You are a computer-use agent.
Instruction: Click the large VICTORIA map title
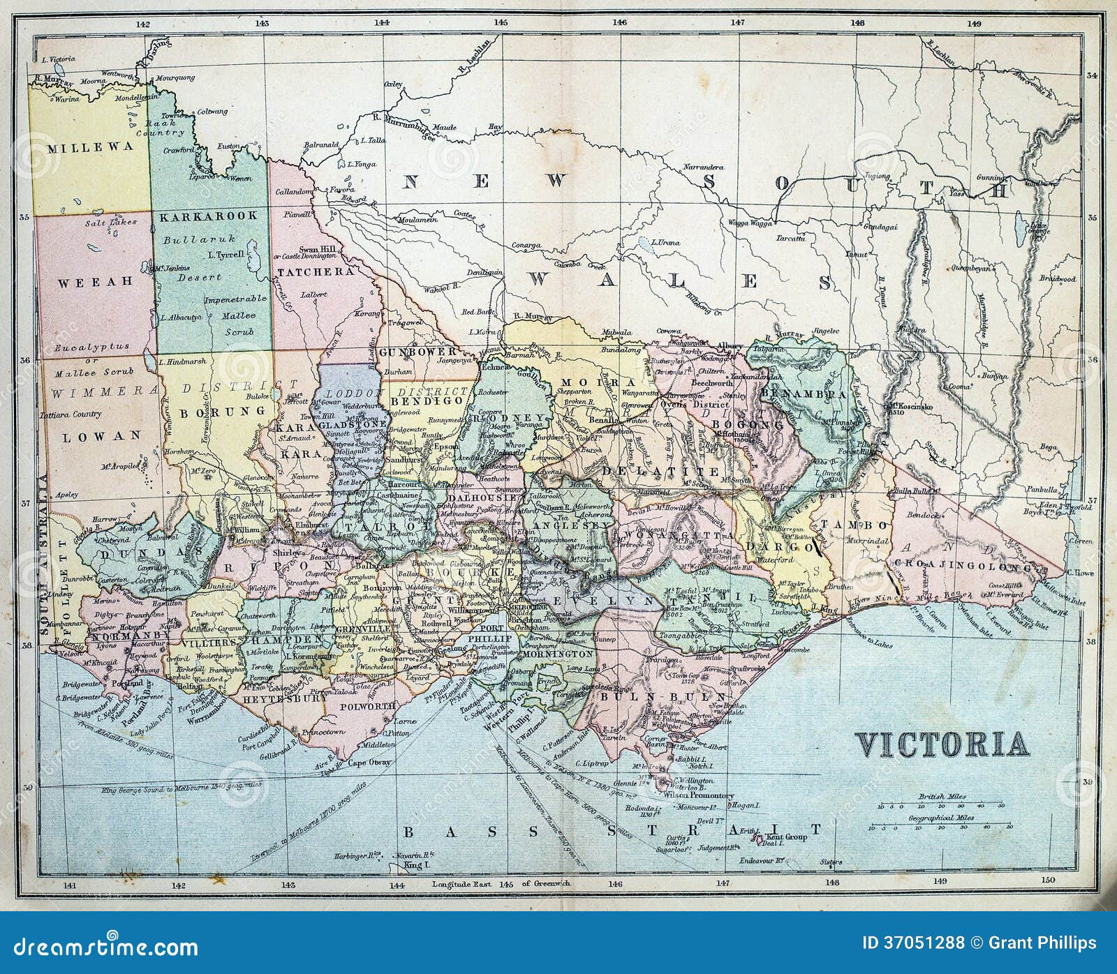click(942, 744)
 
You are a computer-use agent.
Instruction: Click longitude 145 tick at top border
click(501, 23)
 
